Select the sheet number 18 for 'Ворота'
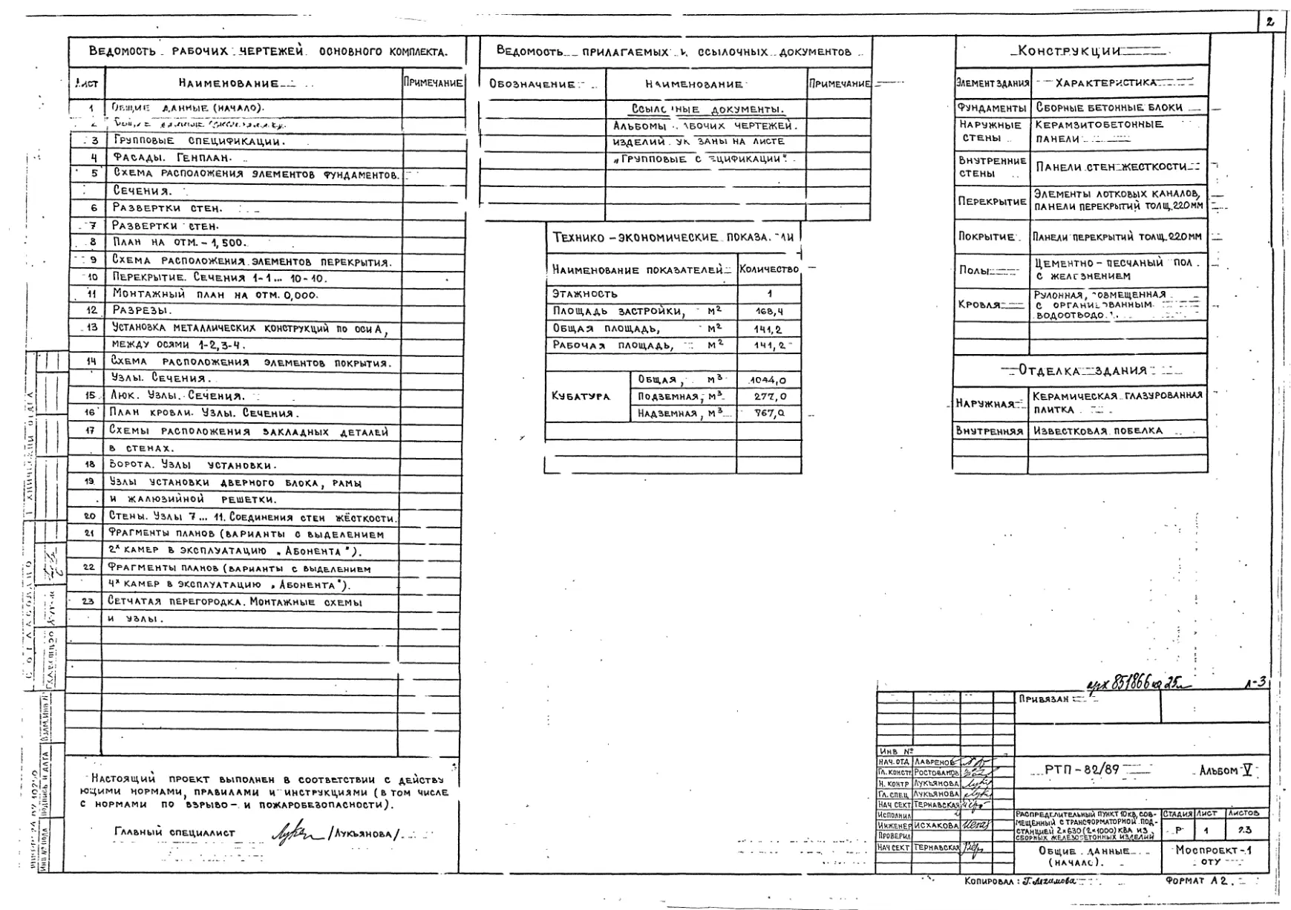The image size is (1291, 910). pyautogui.click(x=90, y=465)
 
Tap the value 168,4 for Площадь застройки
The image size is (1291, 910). pyautogui.click(x=769, y=312)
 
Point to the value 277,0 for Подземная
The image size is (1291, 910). pyautogui.click(x=769, y=397)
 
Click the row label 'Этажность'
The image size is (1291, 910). pyautogui.click(x=585, y=294)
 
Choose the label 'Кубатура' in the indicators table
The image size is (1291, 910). pyautogui.click(x=581, y=396)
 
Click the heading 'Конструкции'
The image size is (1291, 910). pyautogui.click(x=1068, y=51)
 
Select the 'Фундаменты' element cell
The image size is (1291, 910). pyautogui.click(x=991, y=108)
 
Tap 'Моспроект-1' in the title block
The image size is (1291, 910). pyautogui.click(x=1213, y=850)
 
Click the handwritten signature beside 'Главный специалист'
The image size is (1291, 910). pyautogui.click(x=292, y=832)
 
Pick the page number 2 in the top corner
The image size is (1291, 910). pyautogui.click(x=1270, y=22)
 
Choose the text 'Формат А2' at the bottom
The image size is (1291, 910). pyautogui.click(x=1197, y=882)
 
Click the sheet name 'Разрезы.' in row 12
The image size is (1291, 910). pyautogui.click(x=142, y=310)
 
